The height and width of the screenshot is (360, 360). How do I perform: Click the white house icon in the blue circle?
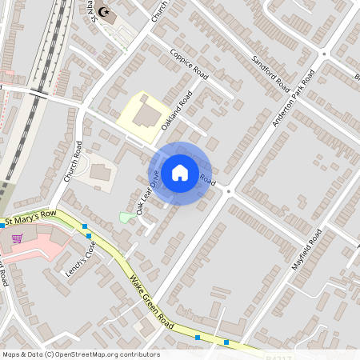click(x=180, y=173)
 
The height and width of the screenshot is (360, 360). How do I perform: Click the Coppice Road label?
click(x=189, y=64)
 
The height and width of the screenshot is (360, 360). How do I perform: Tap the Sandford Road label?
click(x=269, y=72)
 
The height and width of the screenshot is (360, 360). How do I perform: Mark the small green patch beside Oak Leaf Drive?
click(x=126, y=217)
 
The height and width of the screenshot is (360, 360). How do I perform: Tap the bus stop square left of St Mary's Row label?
click(x=2, y=226)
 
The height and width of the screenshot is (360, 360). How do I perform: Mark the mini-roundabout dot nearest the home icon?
click(x=228, y=190)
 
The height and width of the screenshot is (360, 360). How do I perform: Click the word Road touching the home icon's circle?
click(x=206, y=177)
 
